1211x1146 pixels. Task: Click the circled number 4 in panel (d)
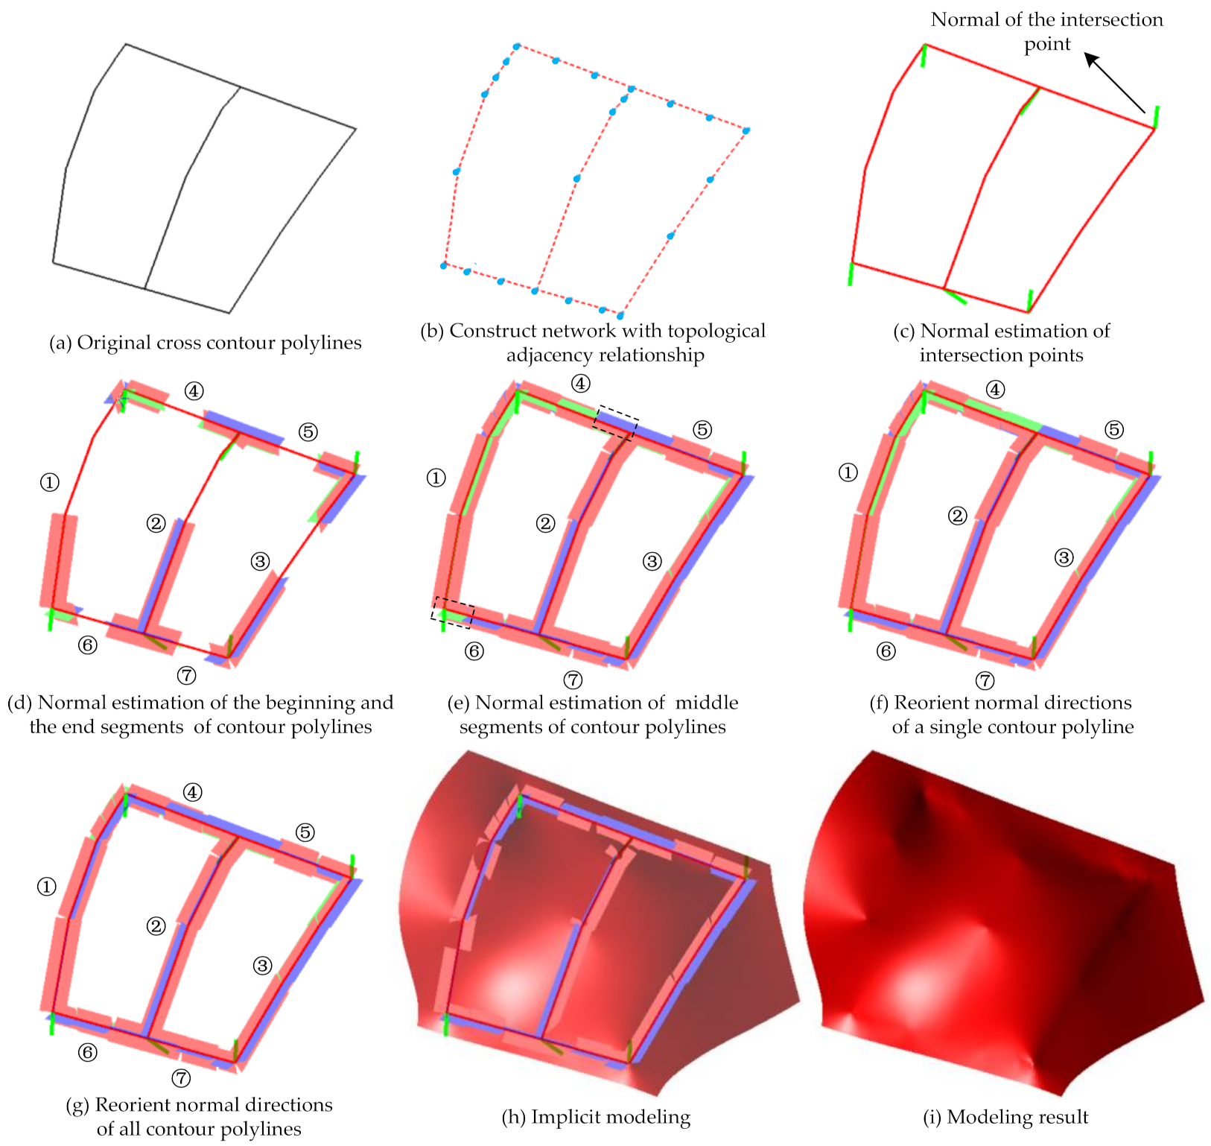[x=194, y=390]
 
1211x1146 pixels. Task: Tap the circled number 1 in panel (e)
[x=436, y=478]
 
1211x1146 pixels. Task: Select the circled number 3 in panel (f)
[x=1064, y=557]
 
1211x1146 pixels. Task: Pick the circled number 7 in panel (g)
[x=181, y=1078]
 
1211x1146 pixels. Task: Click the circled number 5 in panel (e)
[x=702, y=430]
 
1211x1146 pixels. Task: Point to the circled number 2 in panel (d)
[x=156, y=524]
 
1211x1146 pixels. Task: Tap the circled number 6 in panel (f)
[x=886, y=651]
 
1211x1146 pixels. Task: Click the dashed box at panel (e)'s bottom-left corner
[x=452, y=612]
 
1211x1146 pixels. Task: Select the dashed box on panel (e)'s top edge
[x=616, y=423]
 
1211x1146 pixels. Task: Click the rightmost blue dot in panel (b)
[x=746, y=130]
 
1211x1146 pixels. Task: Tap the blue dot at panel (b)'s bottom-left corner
[x=444, y=265]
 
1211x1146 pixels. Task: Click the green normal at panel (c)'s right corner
[x=1156, y=116]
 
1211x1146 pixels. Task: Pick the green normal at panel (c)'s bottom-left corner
[x=851, y=273]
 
